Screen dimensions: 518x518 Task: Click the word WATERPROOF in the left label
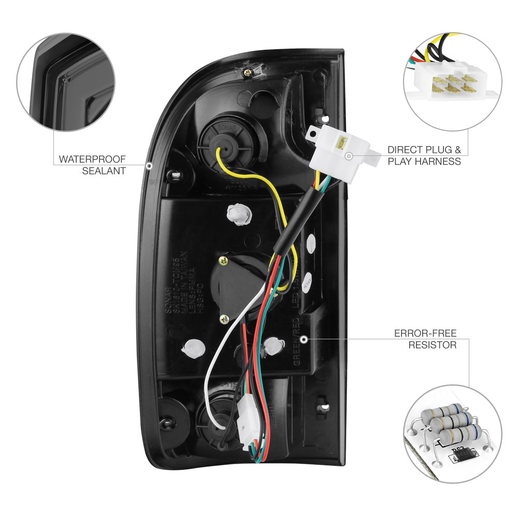point(92,159)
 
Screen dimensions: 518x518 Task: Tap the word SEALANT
point(104,170)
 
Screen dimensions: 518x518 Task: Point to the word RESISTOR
point(432,344)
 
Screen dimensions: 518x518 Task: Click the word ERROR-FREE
point(425,333)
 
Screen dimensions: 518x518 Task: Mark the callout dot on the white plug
point(349,155)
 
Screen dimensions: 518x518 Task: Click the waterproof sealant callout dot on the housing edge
point(149,166)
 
